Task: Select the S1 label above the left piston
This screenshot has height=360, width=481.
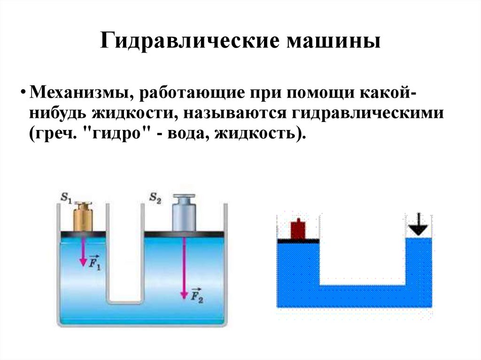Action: tap(65, 198)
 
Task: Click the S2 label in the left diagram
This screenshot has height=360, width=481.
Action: tap(155, 198)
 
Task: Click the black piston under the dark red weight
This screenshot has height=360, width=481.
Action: tap(298, 241)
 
